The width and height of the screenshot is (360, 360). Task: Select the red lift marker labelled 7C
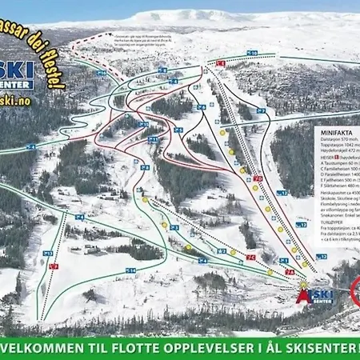coord(251,257)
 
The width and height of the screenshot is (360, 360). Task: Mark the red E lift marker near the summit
coord(222,62)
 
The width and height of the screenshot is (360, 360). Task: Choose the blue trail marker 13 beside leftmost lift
coord(47,253)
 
